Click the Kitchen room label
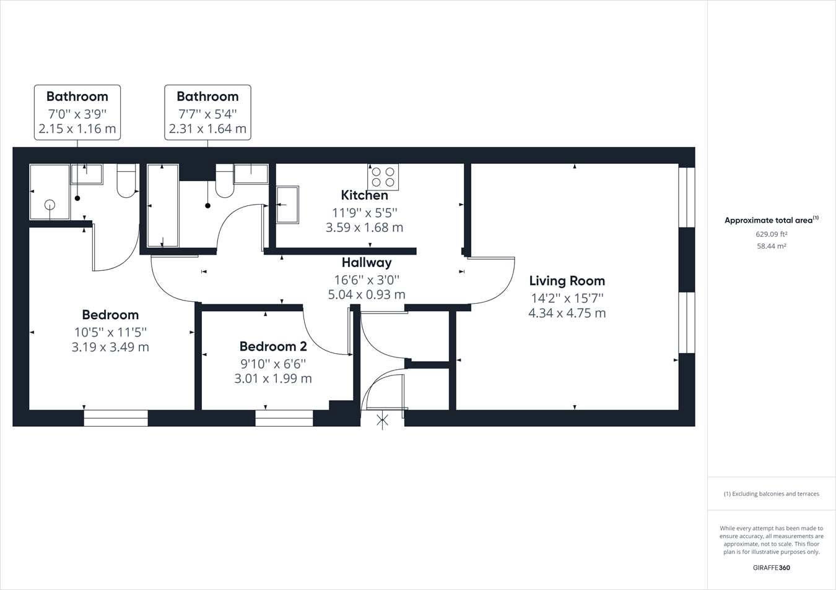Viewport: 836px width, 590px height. [x=364, y=195]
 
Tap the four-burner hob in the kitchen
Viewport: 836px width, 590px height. [x=383, y=176]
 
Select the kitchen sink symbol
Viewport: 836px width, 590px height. [x=287, y=205]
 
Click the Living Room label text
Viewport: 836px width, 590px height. [x=567, y=281]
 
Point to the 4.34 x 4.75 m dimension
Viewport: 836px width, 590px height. [x=567, y=313]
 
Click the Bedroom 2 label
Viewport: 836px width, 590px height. [x=273, y=346]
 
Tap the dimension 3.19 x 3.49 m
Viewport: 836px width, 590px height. [x=110, y=347]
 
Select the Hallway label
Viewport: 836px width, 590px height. [x=367, y=263]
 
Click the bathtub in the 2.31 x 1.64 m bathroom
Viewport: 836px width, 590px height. [x=163, y=205]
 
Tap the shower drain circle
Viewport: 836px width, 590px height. [x=50, y=205]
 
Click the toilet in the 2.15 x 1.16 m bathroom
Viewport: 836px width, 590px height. [x=127, y=181]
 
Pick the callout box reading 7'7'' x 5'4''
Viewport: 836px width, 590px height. [x=207, y=113]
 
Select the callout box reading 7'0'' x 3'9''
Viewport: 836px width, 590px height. [x=77, y=113]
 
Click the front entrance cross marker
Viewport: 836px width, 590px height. [x=383, y=422]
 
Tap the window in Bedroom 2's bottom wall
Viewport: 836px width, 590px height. [x=284, y=418]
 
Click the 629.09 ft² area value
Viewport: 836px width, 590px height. [x=771, y=234]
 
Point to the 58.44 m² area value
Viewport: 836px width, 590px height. [x=771, y=246]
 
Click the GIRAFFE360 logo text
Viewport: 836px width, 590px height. [x=771, y=568]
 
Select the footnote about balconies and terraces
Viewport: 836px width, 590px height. [x=771, y=494]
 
